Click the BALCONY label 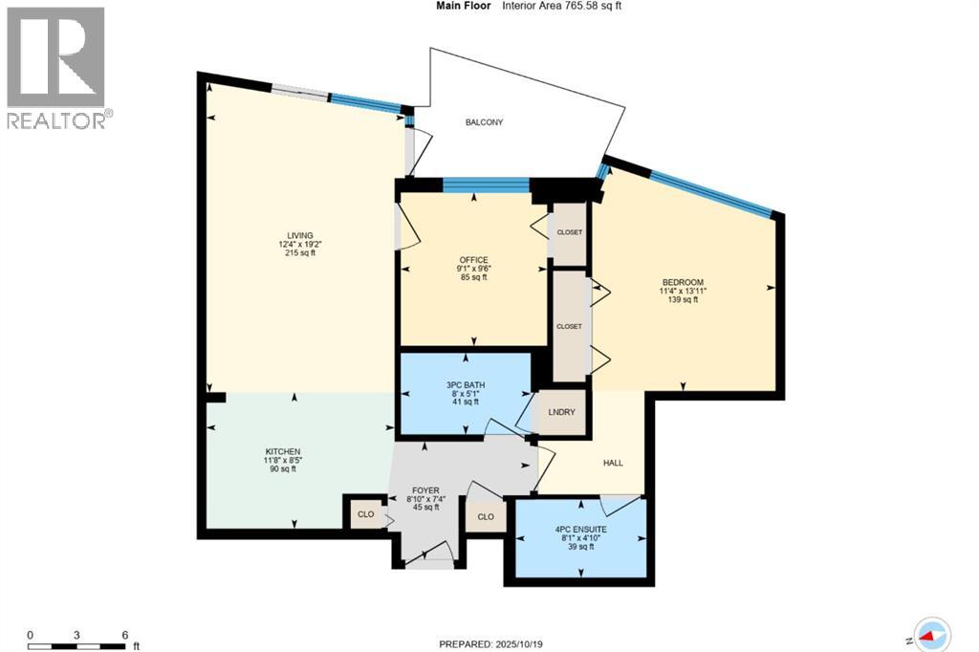[x=484, y=122]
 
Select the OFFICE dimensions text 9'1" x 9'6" [x=473, y=269]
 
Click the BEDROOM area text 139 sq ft [x=683, y=300]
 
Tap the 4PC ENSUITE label [x=580, y=529]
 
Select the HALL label [x=613, y=463]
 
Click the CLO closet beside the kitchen [x=365, y=514]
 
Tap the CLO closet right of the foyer [x=486, y=516]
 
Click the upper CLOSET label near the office [x=570, y=232]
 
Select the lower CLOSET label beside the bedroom [x=569, y=326]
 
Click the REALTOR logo [x=56, y=67]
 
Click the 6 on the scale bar [x=125, y=635]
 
